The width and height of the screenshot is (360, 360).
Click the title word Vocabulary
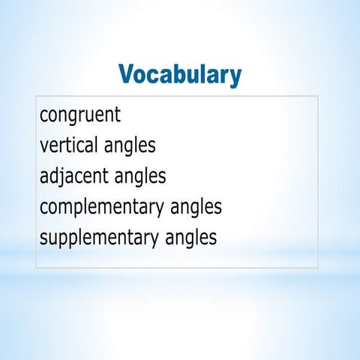pyautogui.click(x=180, y=75)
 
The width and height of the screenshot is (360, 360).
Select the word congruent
pyautogui.click(x=80, y=115)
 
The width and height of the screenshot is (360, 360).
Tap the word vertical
pyautogui.click(x=67, y=145)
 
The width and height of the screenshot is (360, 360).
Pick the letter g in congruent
pyautogui.click(x=75, y=118)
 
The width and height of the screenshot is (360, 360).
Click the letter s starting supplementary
pyautogui.click(x=43, y=238)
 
